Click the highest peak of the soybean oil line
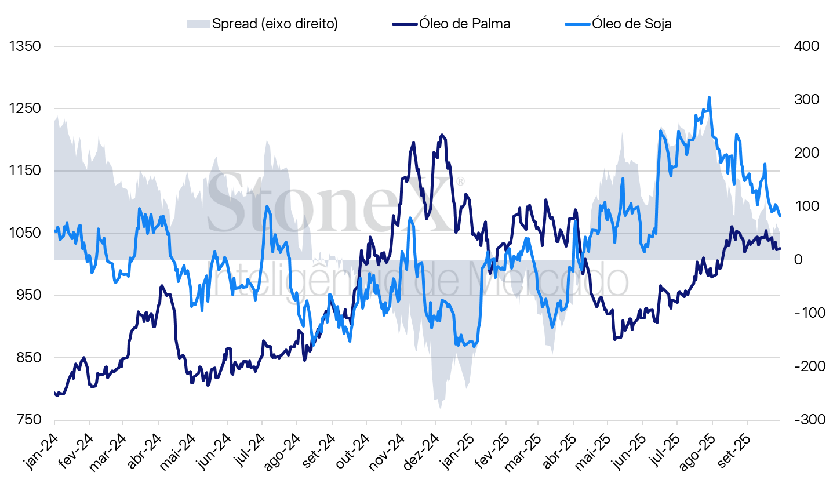[x=709, y=97]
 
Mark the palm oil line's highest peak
[x=442, y=135]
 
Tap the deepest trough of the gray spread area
[x=440, y=408]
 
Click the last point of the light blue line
[x=780, y=216]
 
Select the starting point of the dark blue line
[x=55, y=393]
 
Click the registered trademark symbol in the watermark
[x=460, y=181]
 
